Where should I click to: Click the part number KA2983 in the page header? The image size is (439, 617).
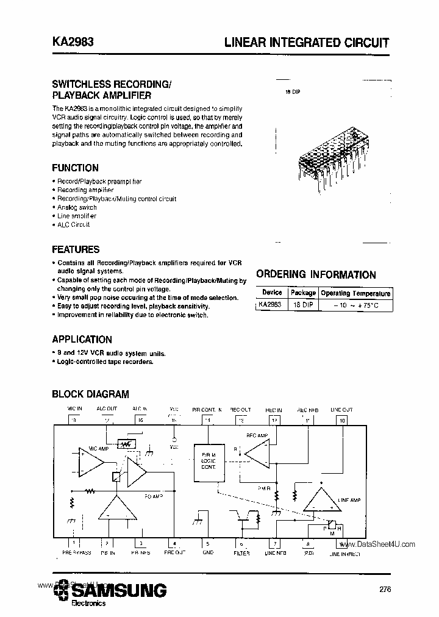[72, 43]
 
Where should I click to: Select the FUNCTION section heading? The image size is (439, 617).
[75, 168]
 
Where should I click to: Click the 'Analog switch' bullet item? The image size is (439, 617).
[77, 207]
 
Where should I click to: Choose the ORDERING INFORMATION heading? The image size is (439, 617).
[316, 275]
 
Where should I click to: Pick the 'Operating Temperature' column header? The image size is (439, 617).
[355, 293]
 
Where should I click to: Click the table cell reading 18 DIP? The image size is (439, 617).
[302, 304]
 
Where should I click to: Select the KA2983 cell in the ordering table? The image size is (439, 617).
[270, 304]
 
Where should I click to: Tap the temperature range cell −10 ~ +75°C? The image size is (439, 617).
[355, 305]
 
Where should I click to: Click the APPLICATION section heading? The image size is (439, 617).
[82, 340]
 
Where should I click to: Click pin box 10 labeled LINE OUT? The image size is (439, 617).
[341, 420]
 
